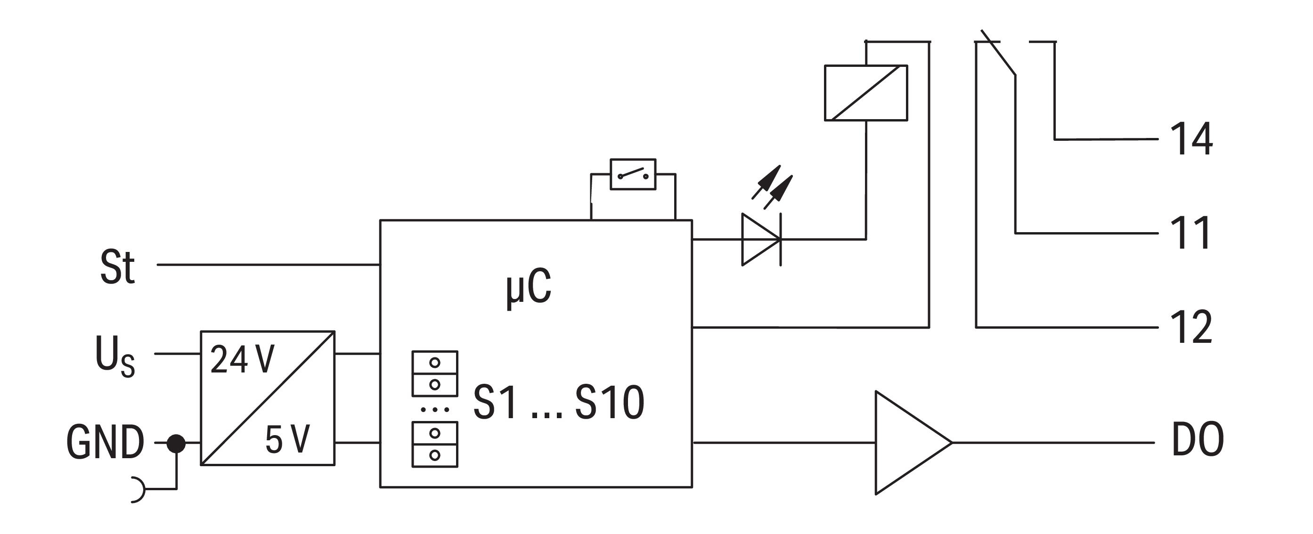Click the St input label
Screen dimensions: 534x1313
pos(117,267)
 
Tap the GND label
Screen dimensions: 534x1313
pos(105,442)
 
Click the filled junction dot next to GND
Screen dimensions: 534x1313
pos(176,443)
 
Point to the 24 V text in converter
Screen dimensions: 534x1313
pos(242,360)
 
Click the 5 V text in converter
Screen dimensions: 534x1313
pos(287,440)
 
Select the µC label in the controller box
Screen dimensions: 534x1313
pos(528,288)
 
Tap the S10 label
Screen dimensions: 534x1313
pos(610,403)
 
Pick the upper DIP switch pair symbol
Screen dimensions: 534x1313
pos(435,373)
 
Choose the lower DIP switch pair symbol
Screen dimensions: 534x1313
pos(435,445)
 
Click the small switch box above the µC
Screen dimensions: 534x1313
pos(633,175)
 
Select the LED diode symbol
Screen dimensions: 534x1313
pos(761,239)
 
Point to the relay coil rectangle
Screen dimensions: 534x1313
pos(865,93)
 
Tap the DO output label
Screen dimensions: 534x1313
pos(1197,440)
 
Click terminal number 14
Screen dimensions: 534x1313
pos(1191,138)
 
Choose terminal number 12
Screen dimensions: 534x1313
pos(1191,327)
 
